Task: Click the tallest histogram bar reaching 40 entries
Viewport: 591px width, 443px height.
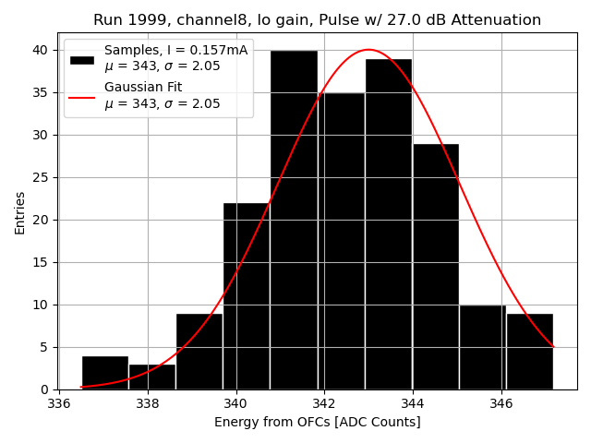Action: click(x=294, y=221)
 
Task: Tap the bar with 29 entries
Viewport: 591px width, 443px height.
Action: click(x=435, y=268)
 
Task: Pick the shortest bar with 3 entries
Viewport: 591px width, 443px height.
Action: click(x=152, y=377)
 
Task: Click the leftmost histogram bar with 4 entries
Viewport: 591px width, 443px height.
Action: click(x=105, y=373)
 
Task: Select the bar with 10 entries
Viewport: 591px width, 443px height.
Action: click(x=482, y=348)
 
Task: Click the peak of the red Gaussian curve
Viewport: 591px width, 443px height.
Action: click(x=368, y=50)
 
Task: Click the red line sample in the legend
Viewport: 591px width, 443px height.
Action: click(x=81, y=96)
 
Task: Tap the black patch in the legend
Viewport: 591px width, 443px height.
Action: click(x=81, y=59)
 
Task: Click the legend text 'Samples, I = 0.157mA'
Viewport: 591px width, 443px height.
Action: click(x=175, y=51)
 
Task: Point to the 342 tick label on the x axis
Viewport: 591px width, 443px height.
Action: click(x=324, y=403)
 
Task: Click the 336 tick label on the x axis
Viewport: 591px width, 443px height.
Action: click(x=59, y=403)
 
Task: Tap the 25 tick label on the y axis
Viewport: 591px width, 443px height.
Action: click(x=42, y=177)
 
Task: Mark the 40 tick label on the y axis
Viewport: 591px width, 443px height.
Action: click(x=42, y=50)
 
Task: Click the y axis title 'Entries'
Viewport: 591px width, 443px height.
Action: click(x=20, y=211)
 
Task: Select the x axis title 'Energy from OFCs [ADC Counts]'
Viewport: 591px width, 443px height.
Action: click(x=317, y=423)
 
